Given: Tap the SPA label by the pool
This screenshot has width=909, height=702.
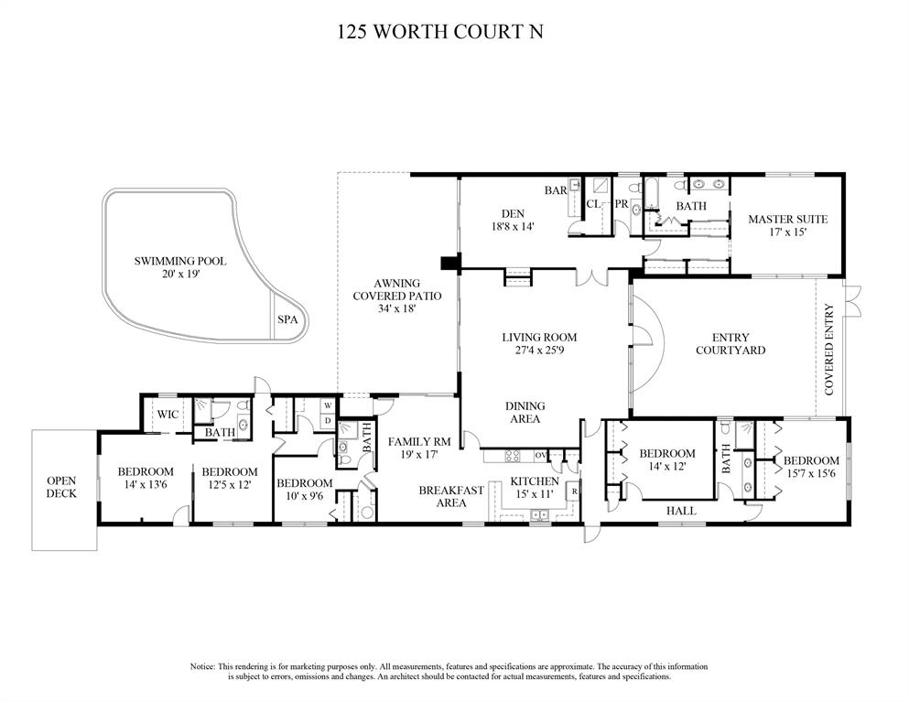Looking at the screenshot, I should pyautogui.click(x=286, y=320).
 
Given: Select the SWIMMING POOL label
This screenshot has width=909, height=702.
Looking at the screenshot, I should pyautogui.click(x=180, y=261).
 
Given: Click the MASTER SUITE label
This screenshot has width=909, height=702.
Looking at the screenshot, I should pyautogui.click(x=787, y=220).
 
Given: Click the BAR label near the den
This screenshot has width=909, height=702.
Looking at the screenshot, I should pyautogui.click(x=555, y=191).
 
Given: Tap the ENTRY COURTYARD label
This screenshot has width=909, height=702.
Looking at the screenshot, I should pyautogui.click(x=730, y=343).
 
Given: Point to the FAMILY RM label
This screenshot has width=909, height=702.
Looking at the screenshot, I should pyautogui.click(x=420, y=441).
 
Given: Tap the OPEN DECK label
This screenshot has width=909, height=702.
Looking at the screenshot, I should pyautogui.click(x=62, y=487).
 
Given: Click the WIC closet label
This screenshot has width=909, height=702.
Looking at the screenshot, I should pyautogui.click(x=168, y=415).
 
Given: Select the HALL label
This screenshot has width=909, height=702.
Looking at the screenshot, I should pyautogui.click(x=680, y=511).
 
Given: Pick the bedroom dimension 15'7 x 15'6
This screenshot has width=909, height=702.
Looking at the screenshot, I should pyautogui.click(x=810, y=473).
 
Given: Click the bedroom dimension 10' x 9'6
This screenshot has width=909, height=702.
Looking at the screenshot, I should pyautogui.click(x=304, y=496).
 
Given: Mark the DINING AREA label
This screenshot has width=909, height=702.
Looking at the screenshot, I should pyautogui.click(x=525, y=412).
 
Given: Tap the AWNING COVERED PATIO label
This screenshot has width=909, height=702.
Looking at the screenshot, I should pyautogui.click(x=396, y=296).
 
